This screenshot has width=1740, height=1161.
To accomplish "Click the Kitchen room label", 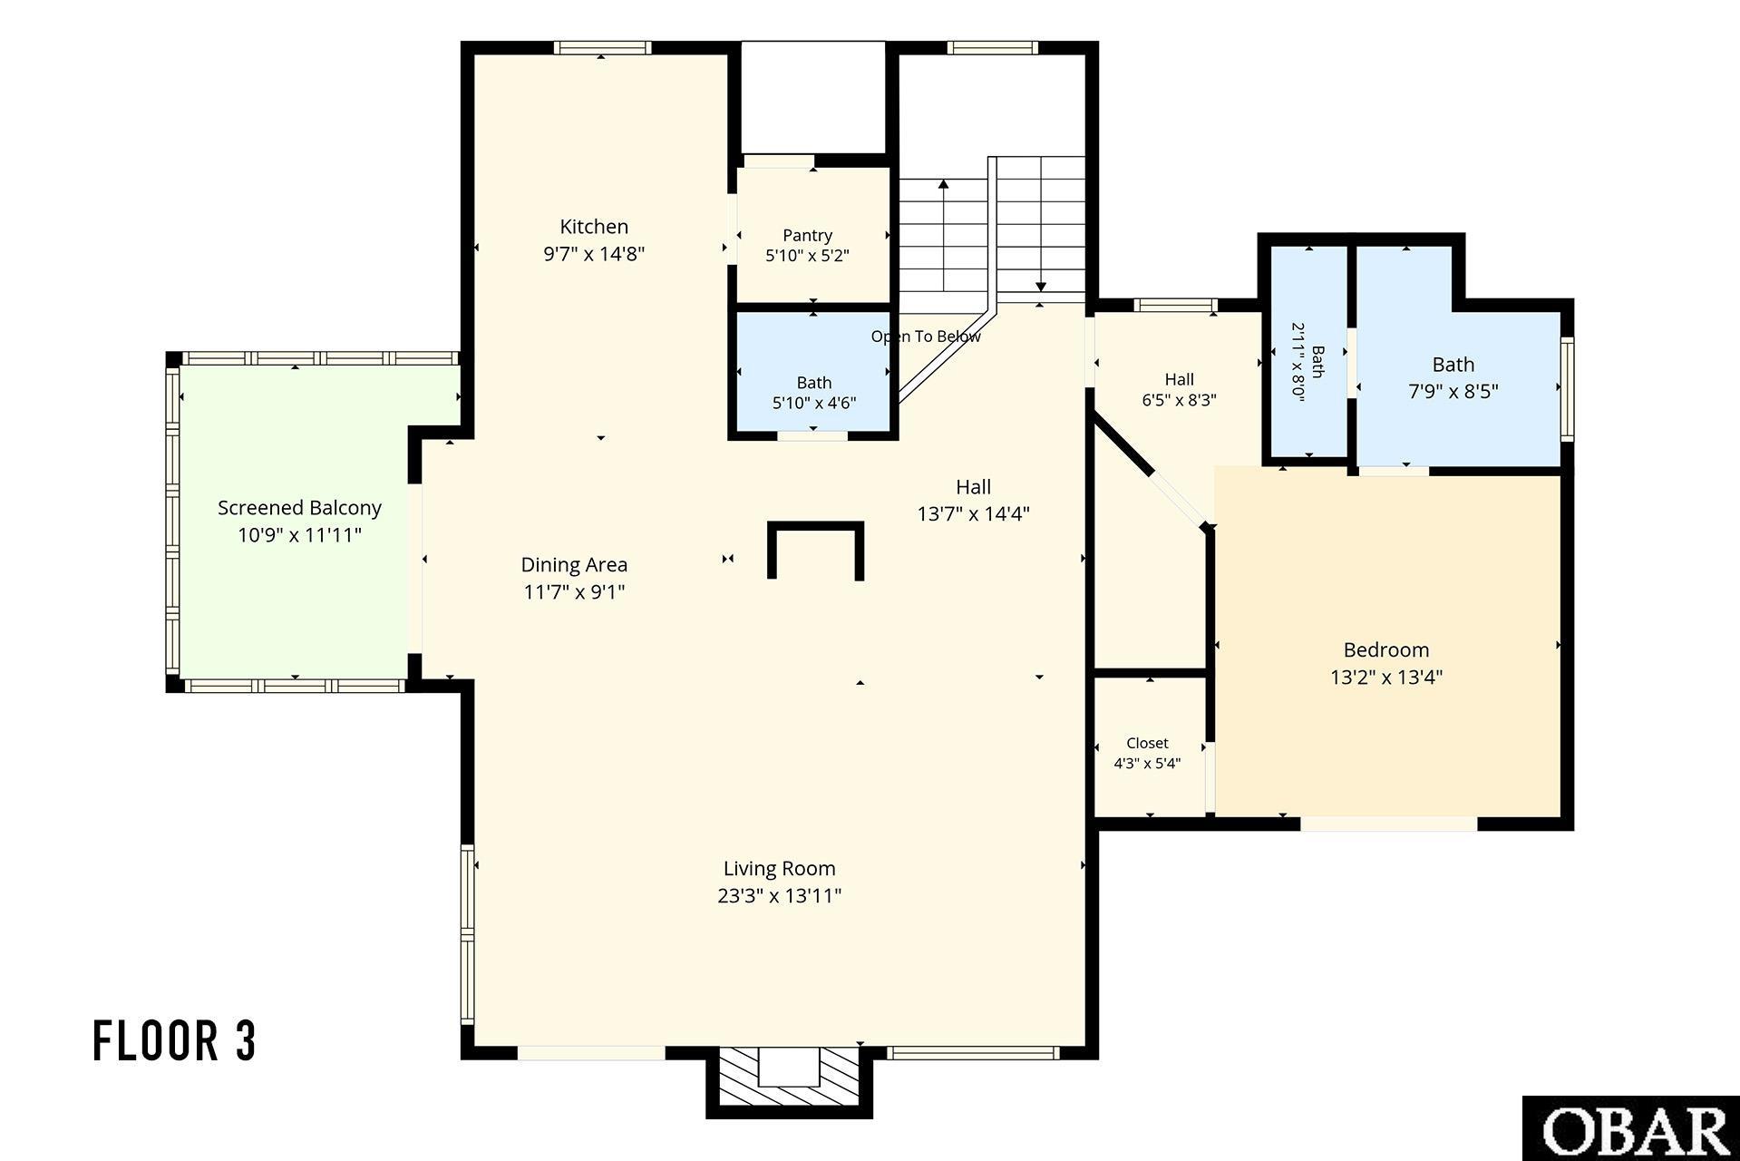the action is click(x=594, y=227).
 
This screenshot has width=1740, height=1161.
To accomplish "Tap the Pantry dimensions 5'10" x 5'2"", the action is click(x=807, y=256).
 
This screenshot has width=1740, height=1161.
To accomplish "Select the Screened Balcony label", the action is click(x=299, y=508).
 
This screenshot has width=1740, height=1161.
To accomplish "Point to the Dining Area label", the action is click(x=574, y=565).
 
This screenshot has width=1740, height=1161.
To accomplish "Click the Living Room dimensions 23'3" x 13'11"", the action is click(x=779, y=896).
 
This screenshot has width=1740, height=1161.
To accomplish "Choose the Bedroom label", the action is click(x=1386, y=650).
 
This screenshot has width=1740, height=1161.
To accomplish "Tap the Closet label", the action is click(x=1147, y=743).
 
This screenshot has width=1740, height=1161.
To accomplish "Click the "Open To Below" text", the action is click(x=926, y=337).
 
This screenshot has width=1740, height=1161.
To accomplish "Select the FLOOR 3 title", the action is click(x=175, y=1040).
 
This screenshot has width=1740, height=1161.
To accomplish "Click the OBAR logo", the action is click(x=1630, y=1128).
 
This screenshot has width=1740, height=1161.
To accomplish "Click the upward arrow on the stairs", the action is click(x=943, y=235).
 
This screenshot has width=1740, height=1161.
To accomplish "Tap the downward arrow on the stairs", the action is click(x=1041, y=224).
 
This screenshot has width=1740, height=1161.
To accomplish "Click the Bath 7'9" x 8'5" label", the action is click(x=1453, y=378).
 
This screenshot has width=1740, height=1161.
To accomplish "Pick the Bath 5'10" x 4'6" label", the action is click(x=814, y=393).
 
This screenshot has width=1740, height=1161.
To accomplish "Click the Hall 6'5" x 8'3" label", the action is click(x=1179, y=389).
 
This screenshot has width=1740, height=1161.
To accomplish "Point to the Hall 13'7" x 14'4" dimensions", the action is click(x=973, y=514).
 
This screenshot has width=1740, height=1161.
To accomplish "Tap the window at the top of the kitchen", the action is click(x=602, y=48).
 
